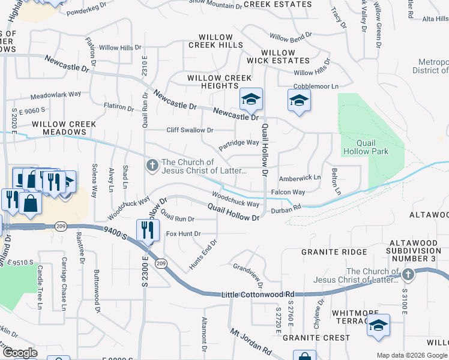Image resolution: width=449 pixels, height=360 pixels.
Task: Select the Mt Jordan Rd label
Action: [250, 340]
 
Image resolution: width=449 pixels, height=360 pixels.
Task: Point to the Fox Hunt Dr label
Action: [183, 233]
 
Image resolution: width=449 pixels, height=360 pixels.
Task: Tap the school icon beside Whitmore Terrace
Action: [378, 325]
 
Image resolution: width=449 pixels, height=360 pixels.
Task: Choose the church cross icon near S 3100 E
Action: [408, 275]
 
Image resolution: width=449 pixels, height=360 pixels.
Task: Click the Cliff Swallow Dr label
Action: [190, 130]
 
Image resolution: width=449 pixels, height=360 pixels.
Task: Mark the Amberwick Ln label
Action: [300, 178]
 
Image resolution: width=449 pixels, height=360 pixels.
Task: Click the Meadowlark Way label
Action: [55, 95]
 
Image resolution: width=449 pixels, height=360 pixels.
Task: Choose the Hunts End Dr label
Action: [202, 254]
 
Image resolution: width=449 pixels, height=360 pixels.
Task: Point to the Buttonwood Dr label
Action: [95, 291]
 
